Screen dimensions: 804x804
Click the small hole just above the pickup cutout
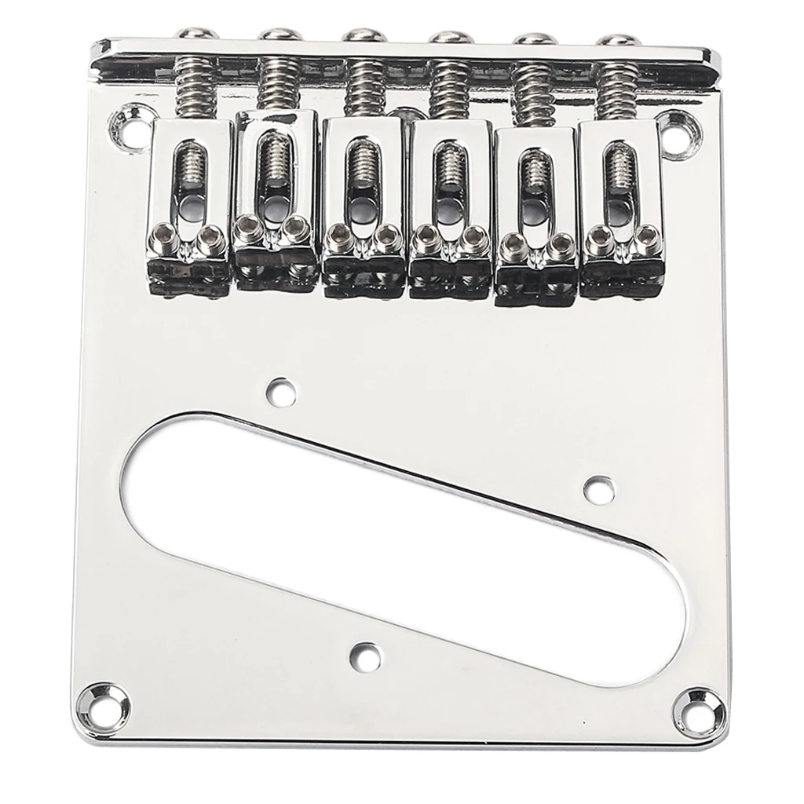[280, 389]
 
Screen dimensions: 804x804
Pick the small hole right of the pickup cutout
[599, 488]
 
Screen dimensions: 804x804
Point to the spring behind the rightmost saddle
[619, 91]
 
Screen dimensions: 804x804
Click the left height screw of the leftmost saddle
[165, 235]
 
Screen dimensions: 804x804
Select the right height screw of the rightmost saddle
[648, 236]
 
